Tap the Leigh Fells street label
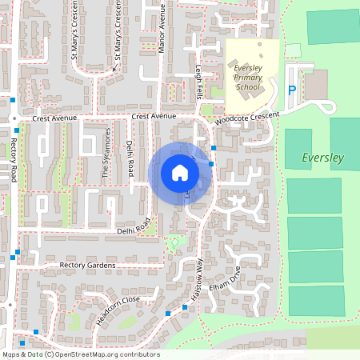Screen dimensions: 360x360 click(198, 82)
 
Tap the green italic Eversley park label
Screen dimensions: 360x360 click(322, 158)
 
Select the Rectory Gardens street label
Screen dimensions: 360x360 click(87, 265)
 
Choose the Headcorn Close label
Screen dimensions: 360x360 click(118, 309)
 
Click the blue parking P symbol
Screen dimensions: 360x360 click(292, 91)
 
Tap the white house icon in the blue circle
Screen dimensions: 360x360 click(180, 173)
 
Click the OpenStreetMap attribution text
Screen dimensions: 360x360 click(81, 354)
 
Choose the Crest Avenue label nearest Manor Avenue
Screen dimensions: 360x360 click(154, 116)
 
